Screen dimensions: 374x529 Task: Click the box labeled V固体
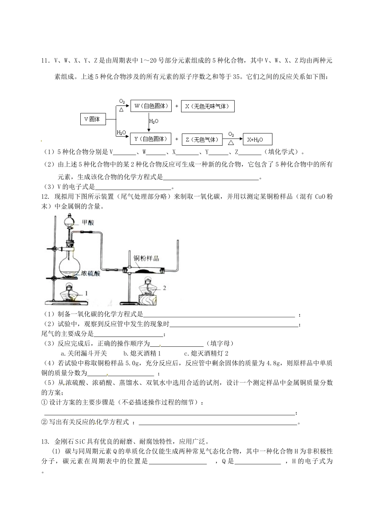pos(93,119)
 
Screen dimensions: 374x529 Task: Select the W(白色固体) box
pos(151,106)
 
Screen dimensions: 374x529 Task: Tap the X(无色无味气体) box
pos(207,106)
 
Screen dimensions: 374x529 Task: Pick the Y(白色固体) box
pos(151,139)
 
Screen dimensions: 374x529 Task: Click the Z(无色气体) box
pos(202,139)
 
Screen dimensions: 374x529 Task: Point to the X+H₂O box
pos(257,139)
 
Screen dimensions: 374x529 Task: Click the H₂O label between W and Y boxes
pos(154,121)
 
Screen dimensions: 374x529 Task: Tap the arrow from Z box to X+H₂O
pos(232,139)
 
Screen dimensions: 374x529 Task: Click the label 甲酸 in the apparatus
pos(89,222)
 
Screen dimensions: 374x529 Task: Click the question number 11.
pos(44,61)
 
